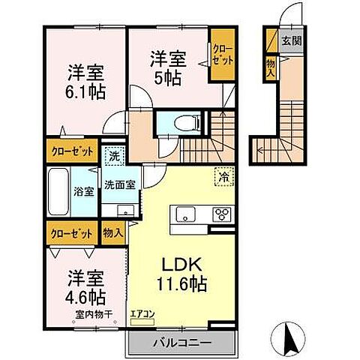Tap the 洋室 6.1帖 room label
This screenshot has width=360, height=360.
85,82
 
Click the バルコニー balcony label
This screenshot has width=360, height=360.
178,342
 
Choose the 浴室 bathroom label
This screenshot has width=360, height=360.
83,191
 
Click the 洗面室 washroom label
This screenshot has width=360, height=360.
118,184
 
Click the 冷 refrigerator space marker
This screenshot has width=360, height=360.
223,177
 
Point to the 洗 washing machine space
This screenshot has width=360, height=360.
112,157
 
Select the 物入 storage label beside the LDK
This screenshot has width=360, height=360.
113,232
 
